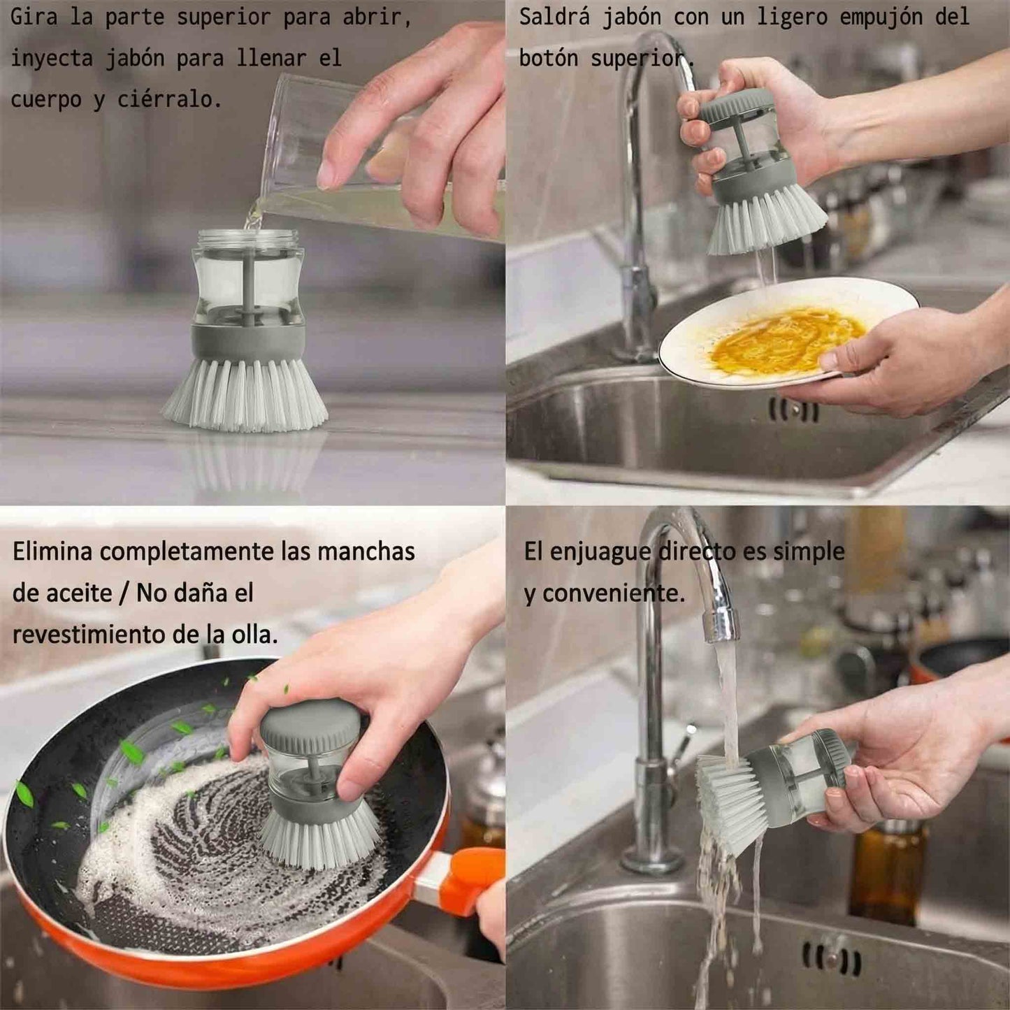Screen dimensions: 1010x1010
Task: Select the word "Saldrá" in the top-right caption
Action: point(555,17)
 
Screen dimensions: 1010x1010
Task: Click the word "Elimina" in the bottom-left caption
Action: point(52,552)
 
